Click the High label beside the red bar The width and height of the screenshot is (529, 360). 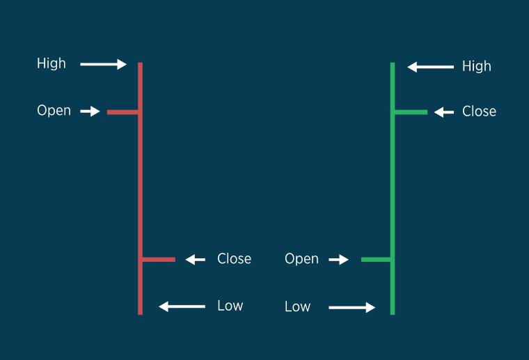coord(52,63)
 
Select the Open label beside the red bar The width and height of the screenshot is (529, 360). coord(54,111)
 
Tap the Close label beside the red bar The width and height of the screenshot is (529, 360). coord(234,259)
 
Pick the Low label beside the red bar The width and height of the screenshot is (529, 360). coord(230,306)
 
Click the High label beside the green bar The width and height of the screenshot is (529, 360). coord(477,66)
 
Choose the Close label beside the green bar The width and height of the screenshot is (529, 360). coord(479,111)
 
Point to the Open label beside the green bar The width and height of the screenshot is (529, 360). coord(301,259)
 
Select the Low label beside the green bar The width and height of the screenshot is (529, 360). coord(297,307)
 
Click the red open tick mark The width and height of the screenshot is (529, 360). coord(123,111)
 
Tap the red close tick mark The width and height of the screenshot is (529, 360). coord(158,260)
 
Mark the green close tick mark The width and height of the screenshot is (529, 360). coord(411,111)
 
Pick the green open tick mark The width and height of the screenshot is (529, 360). coord(376,260)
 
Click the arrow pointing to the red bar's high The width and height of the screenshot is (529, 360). coord(103,65)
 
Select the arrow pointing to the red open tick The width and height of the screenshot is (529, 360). coord(90,111)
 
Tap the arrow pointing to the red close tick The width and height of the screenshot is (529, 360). coord(196,260)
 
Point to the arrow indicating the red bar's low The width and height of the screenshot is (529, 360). coord(182,306)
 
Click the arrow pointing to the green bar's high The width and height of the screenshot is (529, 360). coord(430,68)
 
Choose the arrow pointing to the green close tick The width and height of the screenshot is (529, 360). coord(444,112)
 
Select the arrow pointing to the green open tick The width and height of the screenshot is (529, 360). coord(339,260)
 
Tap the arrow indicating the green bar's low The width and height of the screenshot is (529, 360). coord(352,307)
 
